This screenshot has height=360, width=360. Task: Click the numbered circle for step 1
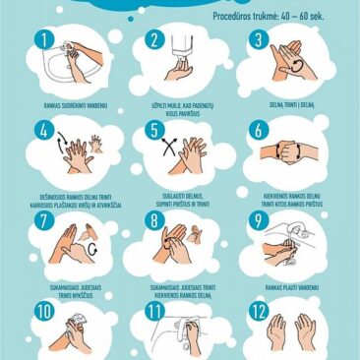(42, 40)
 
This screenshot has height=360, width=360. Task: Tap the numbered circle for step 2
(154, 40)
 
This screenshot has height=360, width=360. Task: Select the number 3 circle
(260, 40)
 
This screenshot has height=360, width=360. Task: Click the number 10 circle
(43, 314)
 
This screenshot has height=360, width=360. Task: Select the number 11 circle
(152, 314)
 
